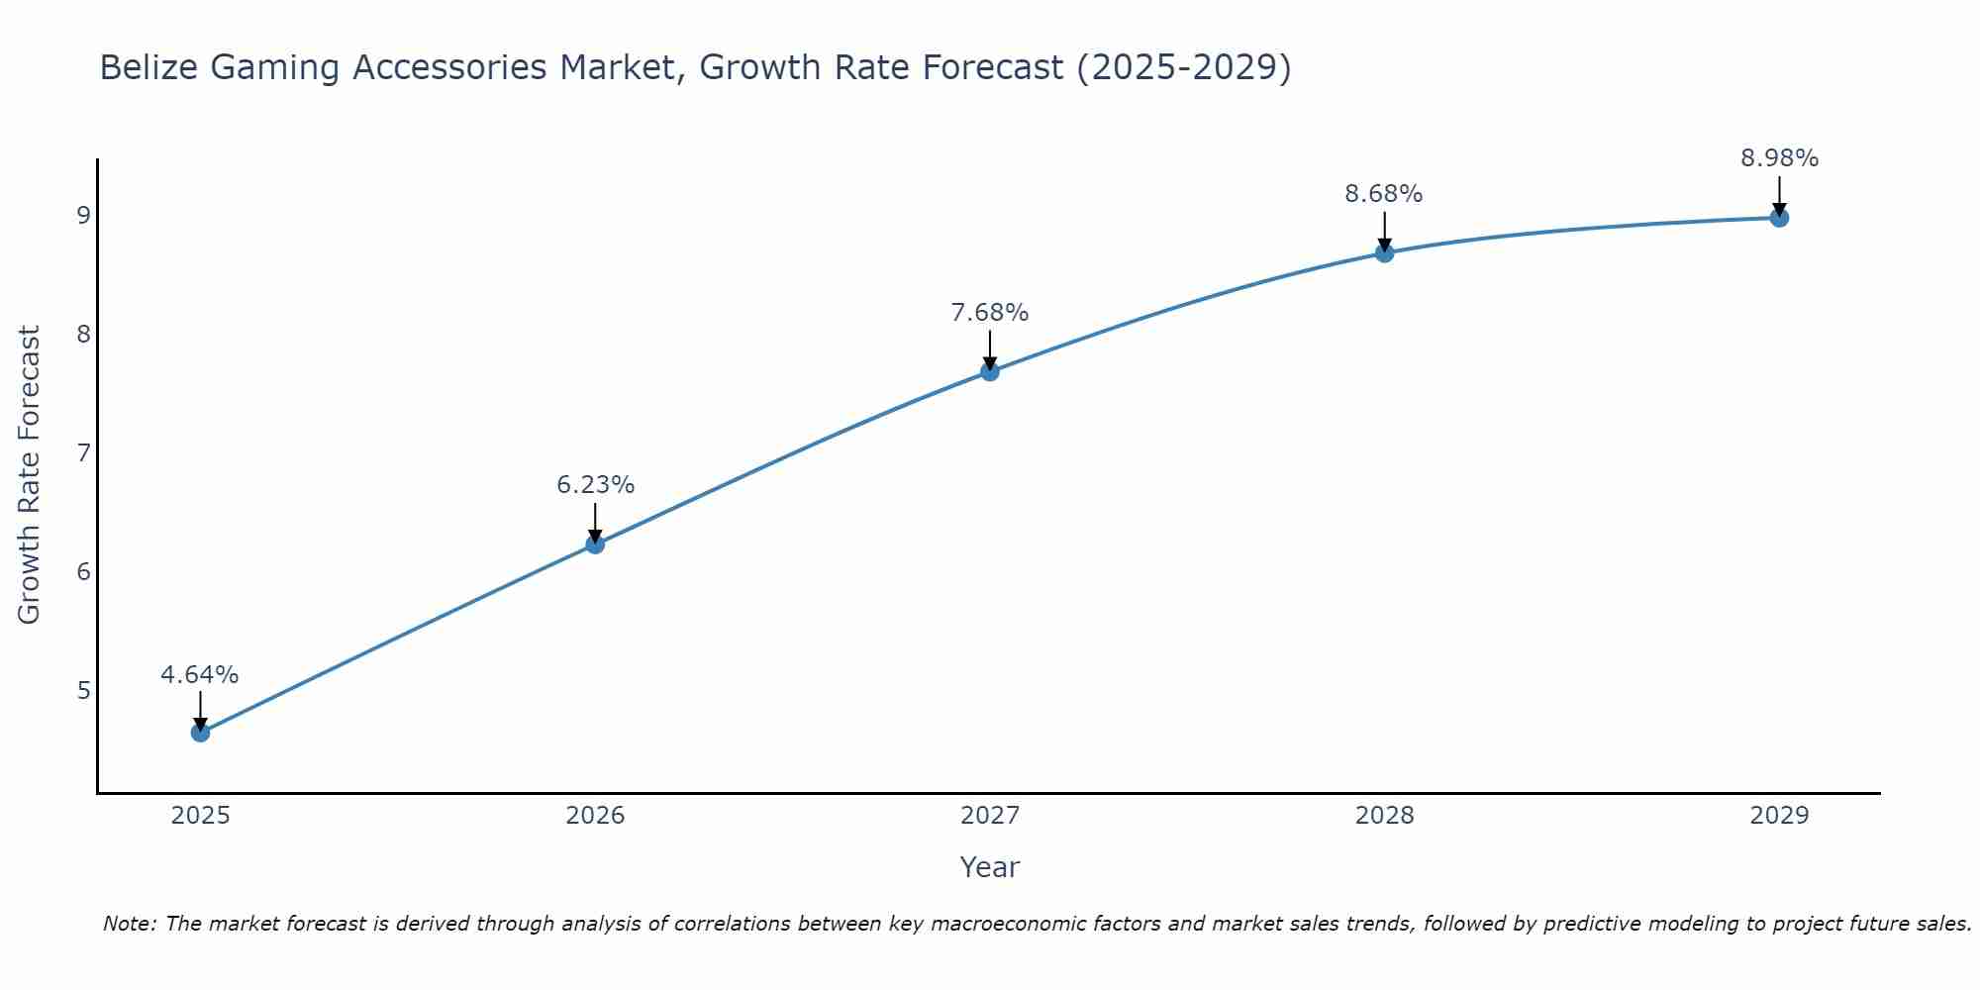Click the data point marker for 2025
tap(200, 733)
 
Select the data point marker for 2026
tap(595, 544)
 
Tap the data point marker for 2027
tap(990, 371)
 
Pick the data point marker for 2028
tap(1384, 252)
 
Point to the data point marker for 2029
tap(1779, 218)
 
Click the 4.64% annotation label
tap(200, 675)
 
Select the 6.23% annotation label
tap(595, 485)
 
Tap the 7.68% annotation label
tap(990, 313)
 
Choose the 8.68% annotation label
tap(1384, 194)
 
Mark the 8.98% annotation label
tap(1779, 158)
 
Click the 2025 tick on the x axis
tap(200, 816)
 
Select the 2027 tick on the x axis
tap(990, 816)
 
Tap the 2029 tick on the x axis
tap(1779, 816)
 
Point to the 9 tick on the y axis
tap(83, 215)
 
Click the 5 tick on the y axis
tap(83, 690)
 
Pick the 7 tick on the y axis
tap(83, 452)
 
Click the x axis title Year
tap(990, 867)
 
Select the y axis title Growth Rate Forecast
tap(30, 475)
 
